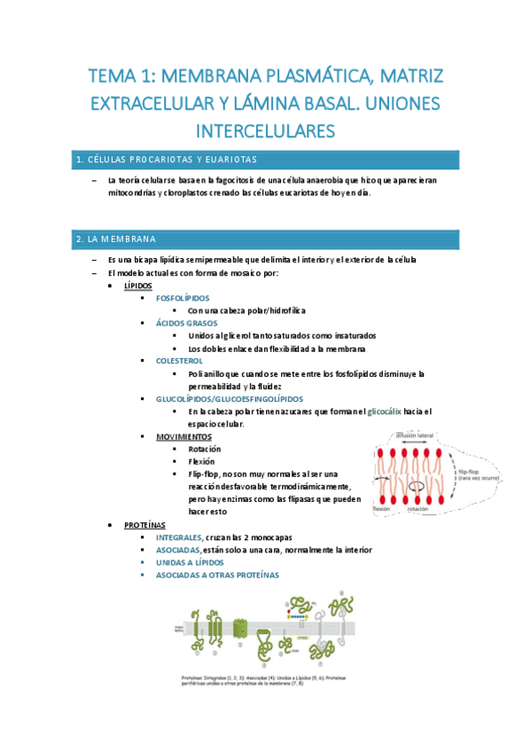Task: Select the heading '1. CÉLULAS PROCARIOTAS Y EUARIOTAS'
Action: coord(167,160)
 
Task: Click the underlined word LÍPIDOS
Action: coord(137,286)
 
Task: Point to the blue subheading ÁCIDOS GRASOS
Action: coord(186,324)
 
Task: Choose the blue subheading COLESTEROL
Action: coord(179,361)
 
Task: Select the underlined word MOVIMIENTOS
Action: coord(184,437)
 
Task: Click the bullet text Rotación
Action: coord(205,450)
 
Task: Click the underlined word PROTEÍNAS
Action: coord(144,525)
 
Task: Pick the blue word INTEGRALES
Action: coord(178,537)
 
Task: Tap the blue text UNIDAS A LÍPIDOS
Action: coord(190,562)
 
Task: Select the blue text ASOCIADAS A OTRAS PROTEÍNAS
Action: coord(217,575)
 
